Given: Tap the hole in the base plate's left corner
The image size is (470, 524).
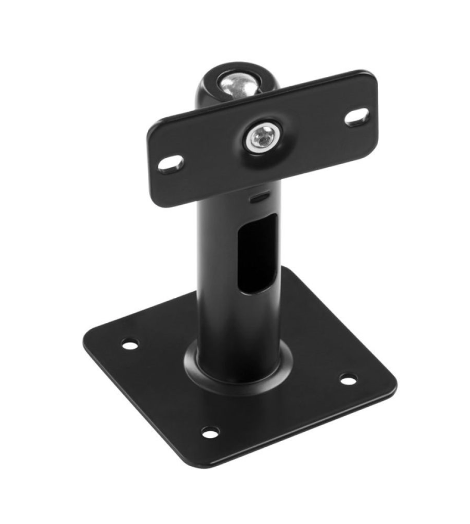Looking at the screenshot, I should tap(130, 344).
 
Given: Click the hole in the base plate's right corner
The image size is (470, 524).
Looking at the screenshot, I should tap(348, 378).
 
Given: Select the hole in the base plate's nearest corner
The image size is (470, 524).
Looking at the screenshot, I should tap(211, 431).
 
